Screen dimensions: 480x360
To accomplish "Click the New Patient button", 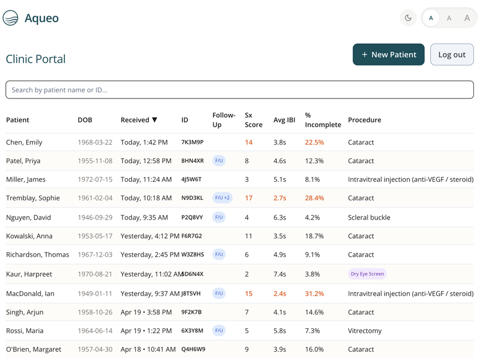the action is [388, 55].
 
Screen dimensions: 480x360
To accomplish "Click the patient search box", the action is [239, 89].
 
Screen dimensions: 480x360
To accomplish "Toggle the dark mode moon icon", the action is [408, 18].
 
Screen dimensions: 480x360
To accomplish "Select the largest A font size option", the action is [467, 18].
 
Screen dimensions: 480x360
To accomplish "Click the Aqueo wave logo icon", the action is [10, 18].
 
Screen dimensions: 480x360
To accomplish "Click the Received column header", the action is [139, 119].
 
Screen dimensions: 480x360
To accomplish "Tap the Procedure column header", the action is [365, 119].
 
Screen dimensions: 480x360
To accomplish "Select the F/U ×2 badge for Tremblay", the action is [222, 198].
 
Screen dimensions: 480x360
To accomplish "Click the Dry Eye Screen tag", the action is [367, 274].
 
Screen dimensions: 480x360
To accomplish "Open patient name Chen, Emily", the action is [24, 142].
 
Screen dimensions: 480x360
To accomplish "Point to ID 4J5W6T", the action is [191, 179].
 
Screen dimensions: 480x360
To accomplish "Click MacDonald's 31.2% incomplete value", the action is [314, 293].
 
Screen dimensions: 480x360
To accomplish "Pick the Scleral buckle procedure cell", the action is [369, 217].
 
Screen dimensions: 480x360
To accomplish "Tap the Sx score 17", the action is [248, 198].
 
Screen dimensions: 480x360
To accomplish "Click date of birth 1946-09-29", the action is [95, 217].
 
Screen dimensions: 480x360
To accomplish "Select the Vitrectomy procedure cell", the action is [365, 331].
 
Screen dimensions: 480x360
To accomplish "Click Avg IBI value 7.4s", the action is [280, 274].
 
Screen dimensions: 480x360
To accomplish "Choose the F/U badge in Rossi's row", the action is [219, 331].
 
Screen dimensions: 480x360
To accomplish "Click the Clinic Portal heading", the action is [36, 59].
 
